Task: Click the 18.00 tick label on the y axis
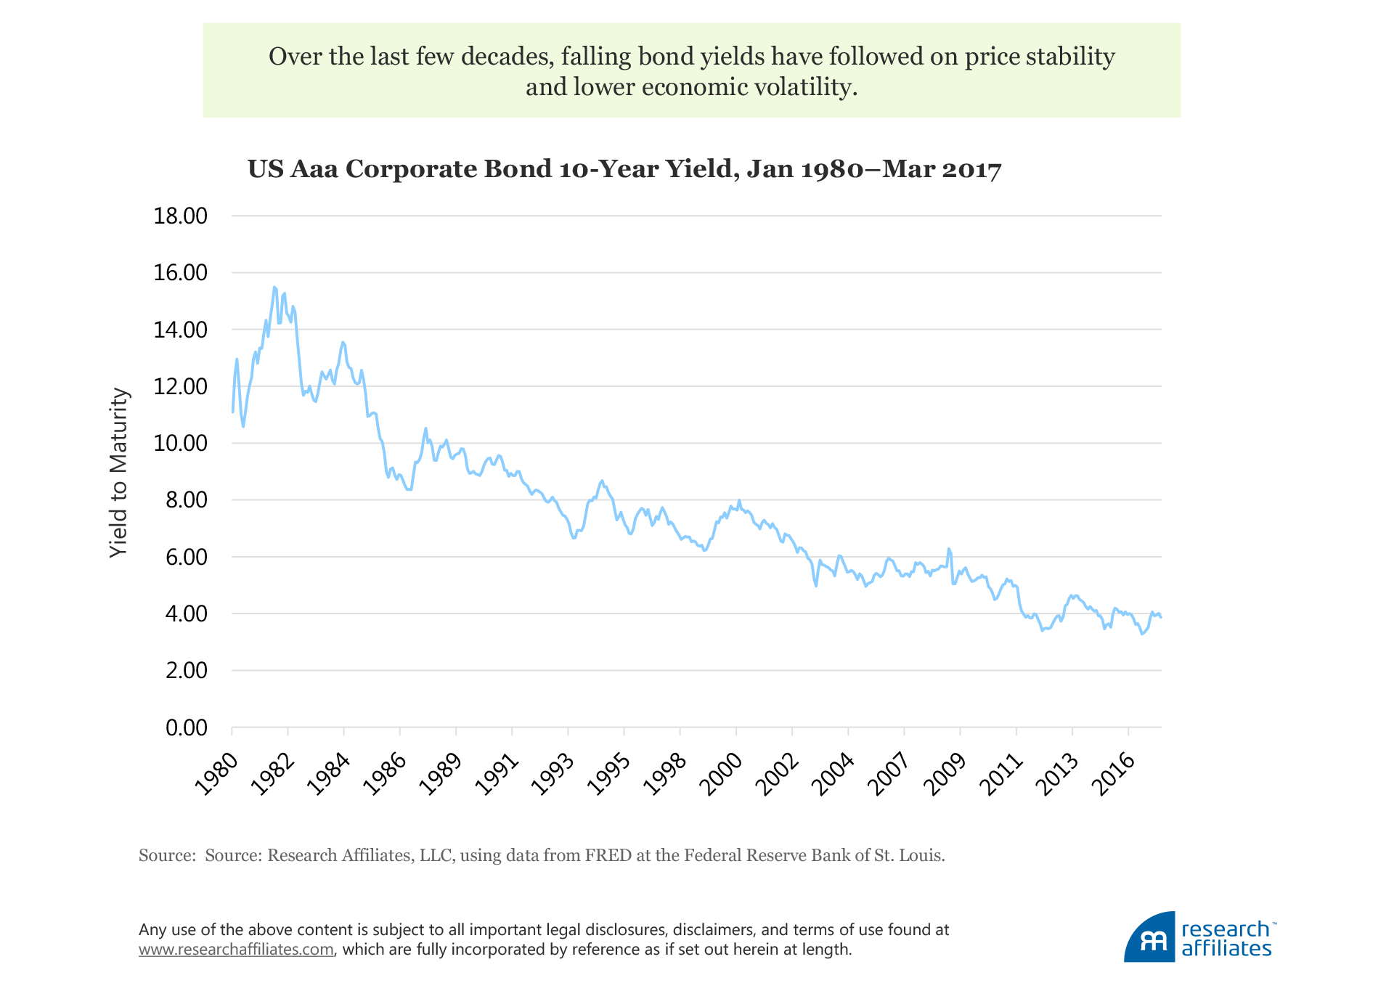180,216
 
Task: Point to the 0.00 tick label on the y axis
186,727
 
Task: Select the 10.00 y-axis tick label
180,443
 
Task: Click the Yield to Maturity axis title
118,473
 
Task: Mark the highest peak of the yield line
274,287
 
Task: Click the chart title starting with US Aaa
624,169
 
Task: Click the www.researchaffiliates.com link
236,950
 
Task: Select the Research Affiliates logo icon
1150,938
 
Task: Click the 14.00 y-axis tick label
180,330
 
